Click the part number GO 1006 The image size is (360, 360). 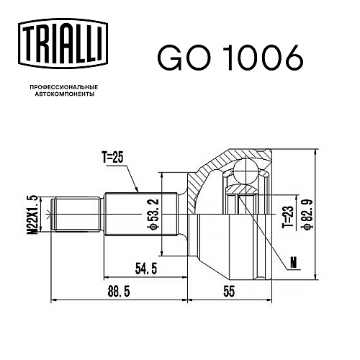click(230, 58)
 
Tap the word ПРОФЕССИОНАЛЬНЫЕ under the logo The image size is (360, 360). click(64, 87)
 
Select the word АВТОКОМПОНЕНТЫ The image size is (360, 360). click(65, 94)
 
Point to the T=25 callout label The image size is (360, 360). click(113, 158)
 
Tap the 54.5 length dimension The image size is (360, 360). click(146, 269)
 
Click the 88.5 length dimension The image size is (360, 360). click(119, 292)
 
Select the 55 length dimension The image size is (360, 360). click(229, 292)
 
